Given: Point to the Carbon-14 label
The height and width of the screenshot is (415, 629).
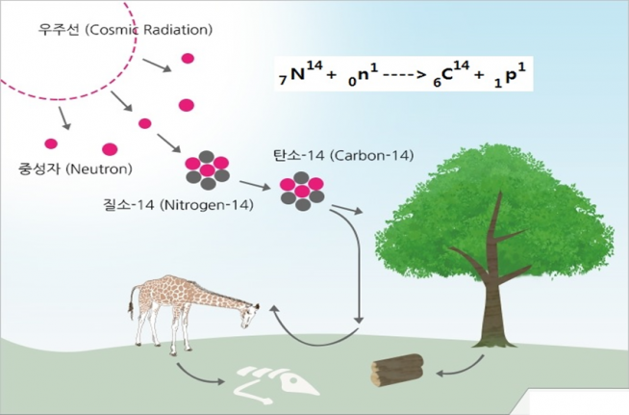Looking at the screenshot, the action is pyautogui.click(x=332, y=154).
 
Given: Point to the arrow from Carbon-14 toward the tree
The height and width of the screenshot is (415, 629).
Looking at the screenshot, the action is pyautogui.click(x=345, y=206).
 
